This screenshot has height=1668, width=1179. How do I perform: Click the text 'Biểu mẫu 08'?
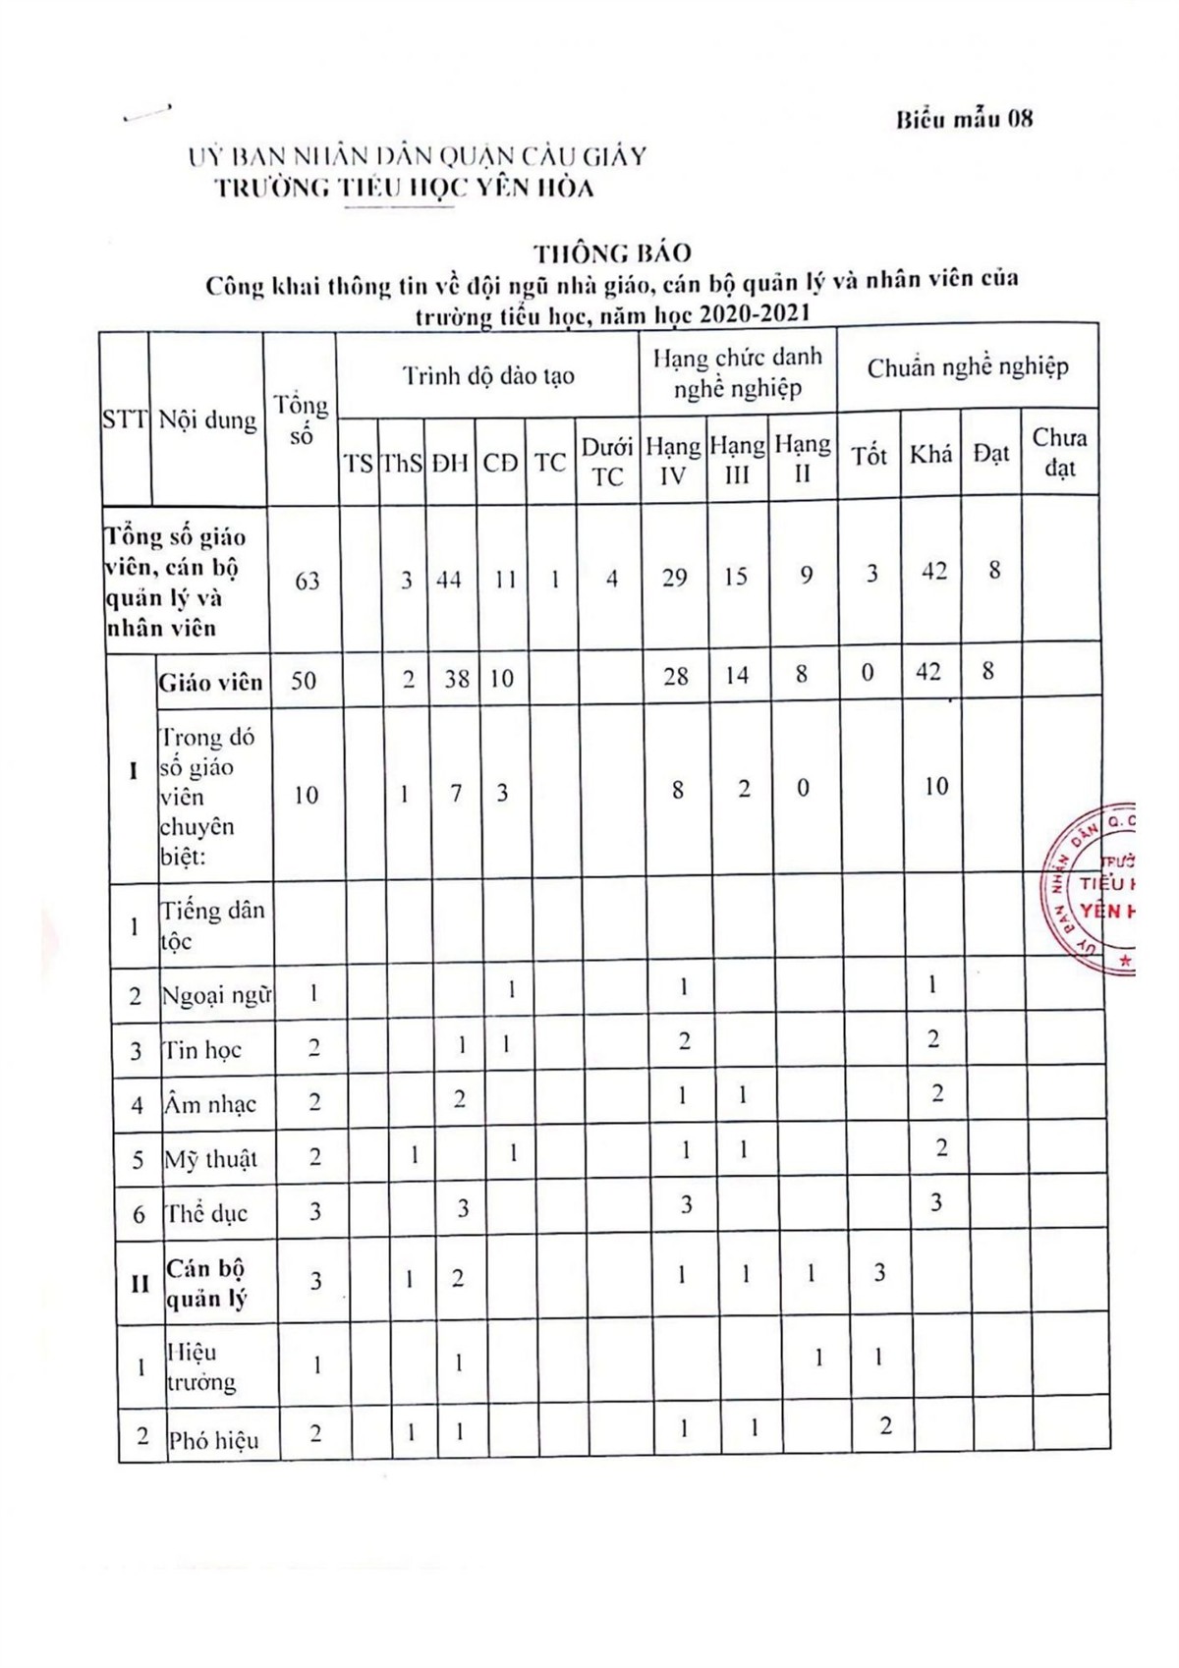point(964,120)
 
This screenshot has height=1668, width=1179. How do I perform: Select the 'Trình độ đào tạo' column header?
point(488,375)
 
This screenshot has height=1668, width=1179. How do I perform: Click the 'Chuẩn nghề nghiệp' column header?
point(967,367)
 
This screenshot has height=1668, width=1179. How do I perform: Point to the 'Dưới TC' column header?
point(606,462)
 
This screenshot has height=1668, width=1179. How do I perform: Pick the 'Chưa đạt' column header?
point(1059,453)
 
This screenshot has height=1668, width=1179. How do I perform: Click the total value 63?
point(307,581)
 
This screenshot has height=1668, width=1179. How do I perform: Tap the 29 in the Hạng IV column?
point(674,578)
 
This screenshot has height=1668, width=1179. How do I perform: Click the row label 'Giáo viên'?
point(210,682)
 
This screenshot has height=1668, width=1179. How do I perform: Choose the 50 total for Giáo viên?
point(304,680)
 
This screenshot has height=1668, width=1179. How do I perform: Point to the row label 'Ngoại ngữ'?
point(215,995)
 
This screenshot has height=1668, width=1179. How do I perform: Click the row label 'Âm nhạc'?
point(209,1104)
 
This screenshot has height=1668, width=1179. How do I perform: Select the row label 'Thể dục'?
point(206,1213)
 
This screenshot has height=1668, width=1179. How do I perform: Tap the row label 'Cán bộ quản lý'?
point(206,1283)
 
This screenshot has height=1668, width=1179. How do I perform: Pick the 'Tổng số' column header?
point(301,419)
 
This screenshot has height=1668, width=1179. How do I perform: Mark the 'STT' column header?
point(124,419)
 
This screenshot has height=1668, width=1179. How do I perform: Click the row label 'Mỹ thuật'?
point(210,1159)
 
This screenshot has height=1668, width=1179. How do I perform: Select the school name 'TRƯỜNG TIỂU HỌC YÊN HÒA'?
point(405,188)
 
